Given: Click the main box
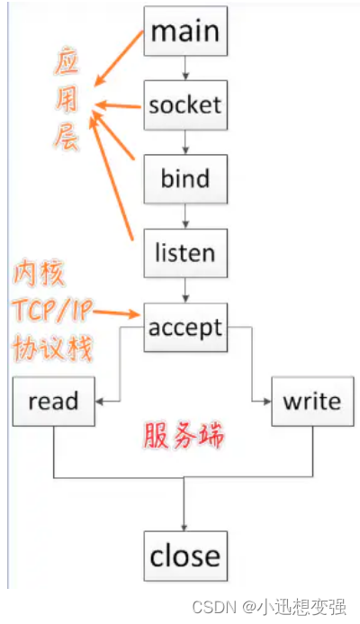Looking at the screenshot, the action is tap(185, 31).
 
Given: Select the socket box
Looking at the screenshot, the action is tap(185, 105).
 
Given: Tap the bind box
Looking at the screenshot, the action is tap(185, 179).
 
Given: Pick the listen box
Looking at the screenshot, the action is tap(185, 253).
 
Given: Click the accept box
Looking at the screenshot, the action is tap(185, 328).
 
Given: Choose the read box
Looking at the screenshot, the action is tap(54, 402).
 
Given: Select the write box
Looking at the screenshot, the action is tap(312, 402).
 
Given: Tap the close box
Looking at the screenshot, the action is tap(185, 556).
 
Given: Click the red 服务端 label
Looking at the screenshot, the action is tap(184, 436).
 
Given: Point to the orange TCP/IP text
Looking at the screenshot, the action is tap(52, 311).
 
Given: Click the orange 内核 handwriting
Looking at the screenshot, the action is tap(38, 274).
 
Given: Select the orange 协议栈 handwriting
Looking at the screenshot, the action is tap(52, 348).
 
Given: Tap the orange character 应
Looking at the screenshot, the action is tap(67, 63).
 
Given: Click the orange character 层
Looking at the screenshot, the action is tap(66, 137).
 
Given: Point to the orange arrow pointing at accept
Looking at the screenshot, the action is tap(116, 313).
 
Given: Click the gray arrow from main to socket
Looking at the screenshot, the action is tap(185, 68).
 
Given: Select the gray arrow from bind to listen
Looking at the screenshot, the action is tap(185, 216).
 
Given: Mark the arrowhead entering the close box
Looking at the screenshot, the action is tap(184, 527).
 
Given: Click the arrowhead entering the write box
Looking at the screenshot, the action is tap(267, 402).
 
